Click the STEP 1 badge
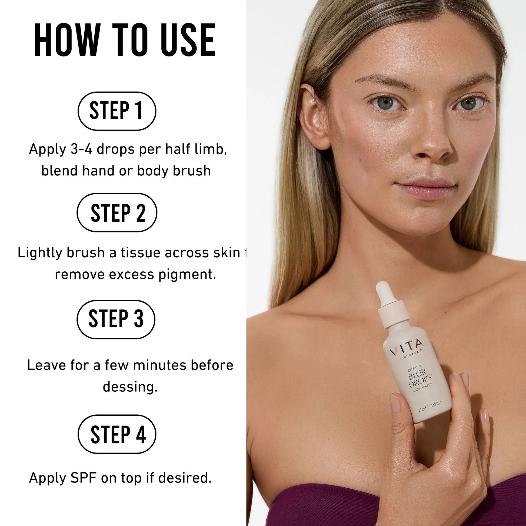click(117, 111)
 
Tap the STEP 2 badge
click(117, 212)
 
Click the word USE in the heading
click(188, 40)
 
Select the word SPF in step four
click(83, 478)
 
